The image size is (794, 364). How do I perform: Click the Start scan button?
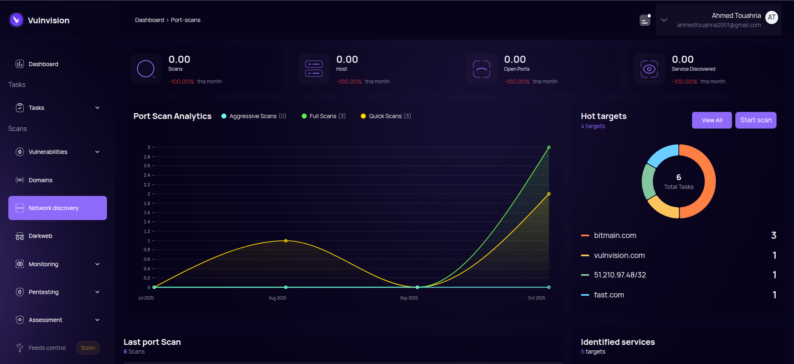755,120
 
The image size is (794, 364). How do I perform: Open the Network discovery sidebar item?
57,208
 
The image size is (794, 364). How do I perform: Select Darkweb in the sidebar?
40,236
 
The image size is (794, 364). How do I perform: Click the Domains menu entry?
40,180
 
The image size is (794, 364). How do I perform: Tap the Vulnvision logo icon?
17,20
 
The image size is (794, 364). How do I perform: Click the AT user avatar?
772,17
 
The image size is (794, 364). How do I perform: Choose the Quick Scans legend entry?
385,116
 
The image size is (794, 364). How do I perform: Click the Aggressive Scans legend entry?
253,116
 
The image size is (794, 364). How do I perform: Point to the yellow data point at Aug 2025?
285,241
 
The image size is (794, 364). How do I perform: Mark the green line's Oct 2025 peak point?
549,147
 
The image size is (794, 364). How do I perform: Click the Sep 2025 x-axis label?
409,298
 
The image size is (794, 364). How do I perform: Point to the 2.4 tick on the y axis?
147,175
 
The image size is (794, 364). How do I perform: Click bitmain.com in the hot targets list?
615,235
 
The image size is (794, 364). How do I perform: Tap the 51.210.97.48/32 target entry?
620,275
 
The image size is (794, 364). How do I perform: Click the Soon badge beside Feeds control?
88,348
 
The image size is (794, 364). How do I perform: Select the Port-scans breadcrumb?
186,20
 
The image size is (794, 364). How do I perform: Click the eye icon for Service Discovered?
649,69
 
